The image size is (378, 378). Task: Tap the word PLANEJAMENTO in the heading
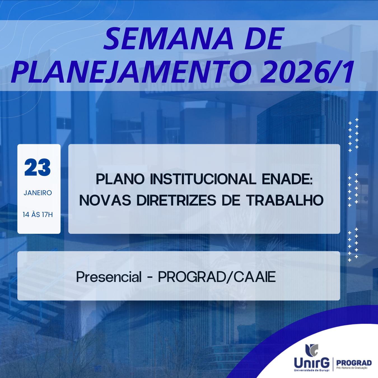(132, 72)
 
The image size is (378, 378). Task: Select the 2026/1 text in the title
(307, 72)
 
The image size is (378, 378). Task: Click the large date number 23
(38, 168)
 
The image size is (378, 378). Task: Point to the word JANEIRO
(38, 193)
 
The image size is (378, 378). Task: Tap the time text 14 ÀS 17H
(38, 215)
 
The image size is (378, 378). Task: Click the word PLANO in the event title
(120, 179)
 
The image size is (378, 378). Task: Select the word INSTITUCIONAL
(203, 179)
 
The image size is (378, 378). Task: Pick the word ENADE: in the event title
(287, 179)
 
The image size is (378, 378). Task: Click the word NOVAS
(105, 200)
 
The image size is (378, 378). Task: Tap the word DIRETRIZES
(176, 200)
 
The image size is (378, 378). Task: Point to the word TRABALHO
(285, 200)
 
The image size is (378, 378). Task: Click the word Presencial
(109, 277)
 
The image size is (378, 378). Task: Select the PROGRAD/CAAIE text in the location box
(217, 277)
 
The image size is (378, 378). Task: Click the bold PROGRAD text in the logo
(354, 363)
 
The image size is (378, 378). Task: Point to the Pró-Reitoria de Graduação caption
(352, 368)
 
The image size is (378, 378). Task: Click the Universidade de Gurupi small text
(312, 370)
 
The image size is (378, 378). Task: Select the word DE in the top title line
(264, 39)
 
